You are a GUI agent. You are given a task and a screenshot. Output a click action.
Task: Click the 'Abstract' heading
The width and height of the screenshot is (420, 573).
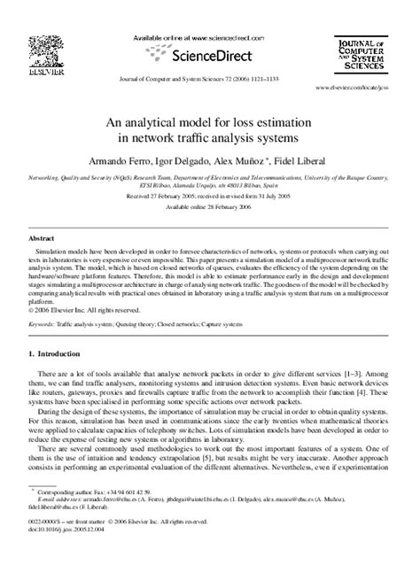coord(42,239)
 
